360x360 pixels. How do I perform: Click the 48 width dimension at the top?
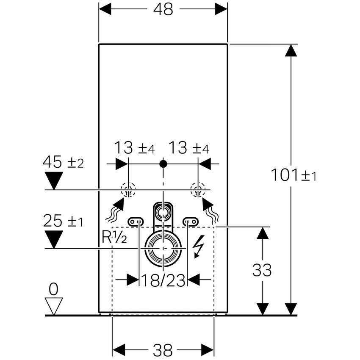[x=163, y=9]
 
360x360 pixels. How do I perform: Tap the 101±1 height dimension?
[x=294, y=174]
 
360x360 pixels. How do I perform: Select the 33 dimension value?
[x=262, y=270]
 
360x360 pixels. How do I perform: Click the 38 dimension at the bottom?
[x=163, y=350]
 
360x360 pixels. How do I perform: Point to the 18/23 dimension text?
[x=163, y=280]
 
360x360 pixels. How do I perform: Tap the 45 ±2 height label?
[x=64, y=162]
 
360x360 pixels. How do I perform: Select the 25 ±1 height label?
[x=64, y=221]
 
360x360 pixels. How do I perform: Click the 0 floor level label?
[x=53, y=289]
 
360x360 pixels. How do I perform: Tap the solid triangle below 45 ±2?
[x=54, y=180]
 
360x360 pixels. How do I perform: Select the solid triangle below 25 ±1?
[x=54, y=239]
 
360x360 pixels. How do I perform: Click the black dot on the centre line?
[x=163, y=163]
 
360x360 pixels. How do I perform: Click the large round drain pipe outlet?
[x=163, y=248]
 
